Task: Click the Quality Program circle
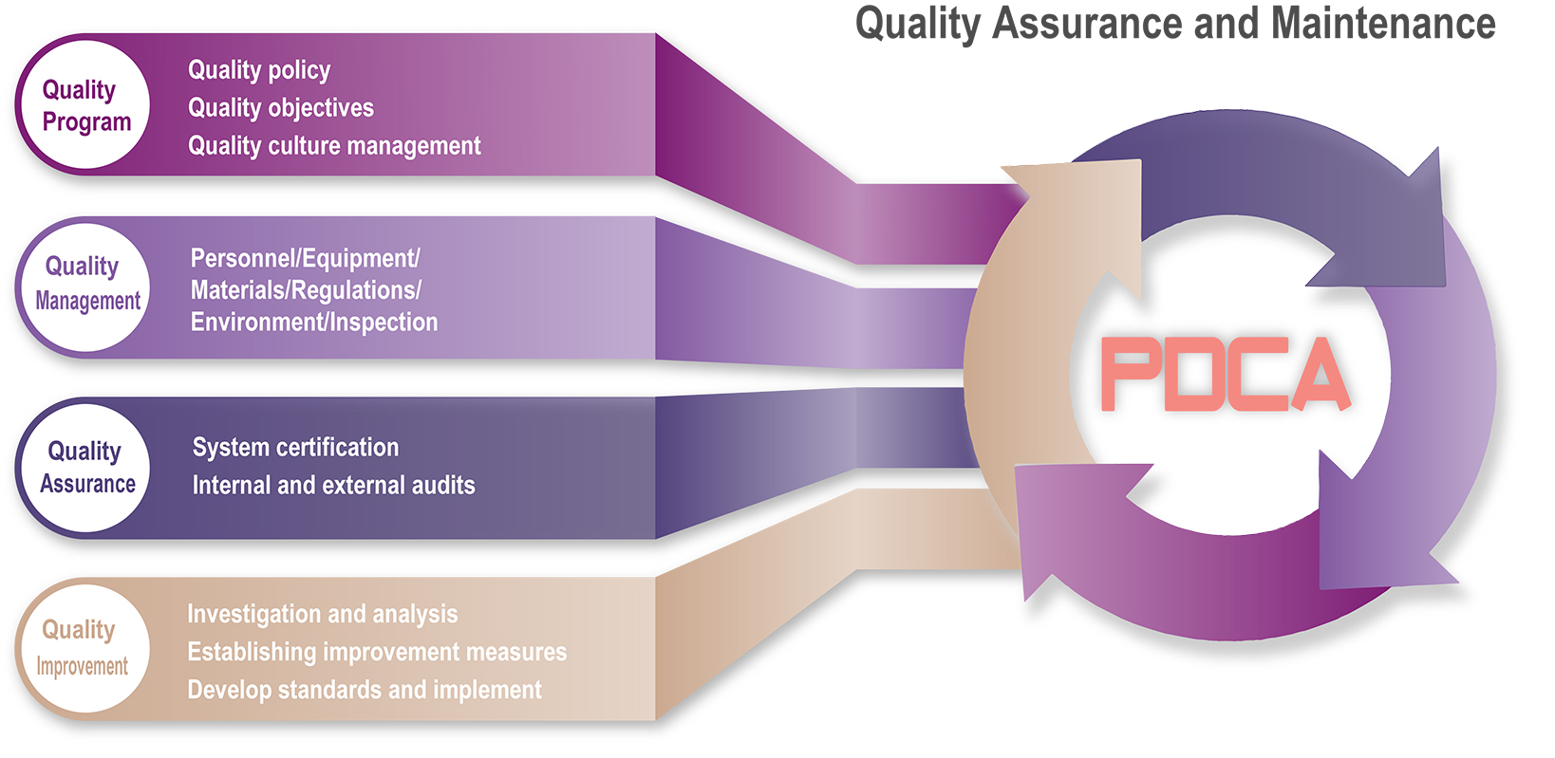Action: pos(86,104)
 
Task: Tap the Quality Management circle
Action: pos(86,287)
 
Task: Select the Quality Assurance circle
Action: pos(86,468)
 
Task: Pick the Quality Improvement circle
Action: pos(86,648)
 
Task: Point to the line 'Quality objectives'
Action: pos(280,108)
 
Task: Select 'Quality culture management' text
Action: pos(334,146)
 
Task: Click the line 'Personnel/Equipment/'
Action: pos(306,259)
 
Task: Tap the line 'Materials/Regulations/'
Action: pos(306,290)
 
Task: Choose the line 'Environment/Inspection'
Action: pos(314,322)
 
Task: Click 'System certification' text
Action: pos(296,448)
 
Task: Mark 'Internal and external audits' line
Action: pos(334,485)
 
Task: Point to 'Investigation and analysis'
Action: pos(323,615)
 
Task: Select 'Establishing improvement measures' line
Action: pos(377,652)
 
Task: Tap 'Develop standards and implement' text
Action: pos(365,690)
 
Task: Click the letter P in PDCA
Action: pos(1129,374)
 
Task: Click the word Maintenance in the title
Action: pos(1383,24)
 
